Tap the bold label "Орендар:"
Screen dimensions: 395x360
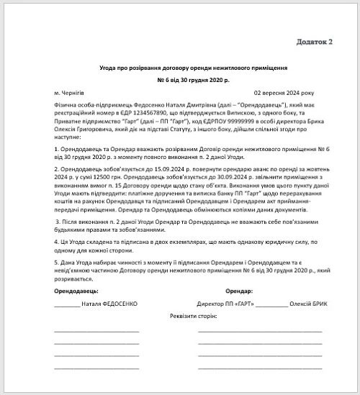(239, 292)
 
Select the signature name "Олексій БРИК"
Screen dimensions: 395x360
(307, 304)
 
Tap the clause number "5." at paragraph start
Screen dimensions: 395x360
(56, 263)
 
